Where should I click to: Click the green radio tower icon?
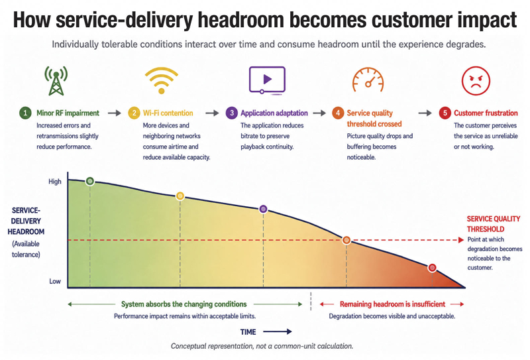[56, 81]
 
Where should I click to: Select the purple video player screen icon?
[267, 80]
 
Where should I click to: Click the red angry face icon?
[476, 81]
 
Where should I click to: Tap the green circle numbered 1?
[25, 113]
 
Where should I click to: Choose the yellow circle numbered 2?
[134, 113]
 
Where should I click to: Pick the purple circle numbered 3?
[231, 113]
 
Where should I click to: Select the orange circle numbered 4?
[338, 113]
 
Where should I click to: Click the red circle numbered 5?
[445, 113]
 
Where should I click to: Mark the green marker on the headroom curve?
[90, 182]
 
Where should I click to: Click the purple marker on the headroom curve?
[263, 209]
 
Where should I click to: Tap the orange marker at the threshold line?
[346, 240]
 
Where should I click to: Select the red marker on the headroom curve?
[432, 268]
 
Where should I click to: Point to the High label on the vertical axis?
[55, 182]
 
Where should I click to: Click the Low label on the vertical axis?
[55, 281]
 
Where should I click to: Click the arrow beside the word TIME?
[277, 332]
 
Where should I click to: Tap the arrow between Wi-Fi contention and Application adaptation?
[212, 113]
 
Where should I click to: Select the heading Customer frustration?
[486, 113]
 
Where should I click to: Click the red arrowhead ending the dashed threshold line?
[461, 240]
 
